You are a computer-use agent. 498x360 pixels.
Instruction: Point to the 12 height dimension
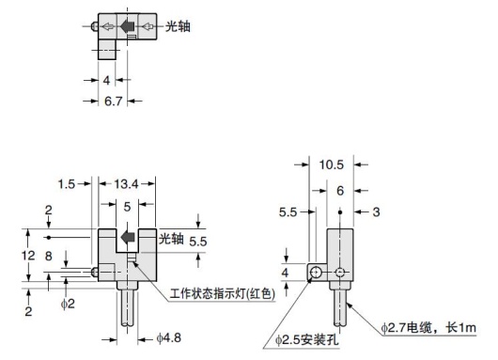[x=28, y=256]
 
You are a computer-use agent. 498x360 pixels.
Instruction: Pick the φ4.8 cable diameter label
[x=171, y=337]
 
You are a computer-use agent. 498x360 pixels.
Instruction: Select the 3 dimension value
[x=375, y=211]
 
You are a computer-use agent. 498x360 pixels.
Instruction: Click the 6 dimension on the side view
[x=339, y=190]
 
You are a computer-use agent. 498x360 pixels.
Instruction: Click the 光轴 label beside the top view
[x=178, y=26]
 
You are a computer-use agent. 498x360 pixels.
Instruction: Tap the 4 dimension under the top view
[x=106, y=80]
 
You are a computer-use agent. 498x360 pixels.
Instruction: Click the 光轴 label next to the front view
[x=170, y=236]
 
